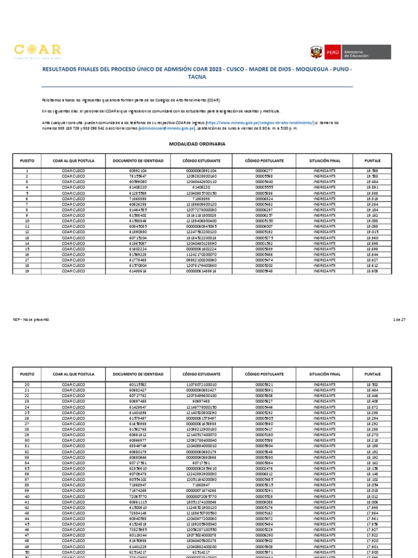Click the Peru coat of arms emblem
(x=316, y=53)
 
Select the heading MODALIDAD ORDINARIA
(x=198, y=144)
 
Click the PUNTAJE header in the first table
(x=373, y=161)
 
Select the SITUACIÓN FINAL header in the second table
(x=324, y=374)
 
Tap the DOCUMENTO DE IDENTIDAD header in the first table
(x=138, y=161)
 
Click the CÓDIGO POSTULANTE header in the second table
(x=264, y=374)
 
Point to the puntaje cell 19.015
(x=373, y=232)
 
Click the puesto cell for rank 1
(x=27, y=171)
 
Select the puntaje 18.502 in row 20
(x=373, y=385)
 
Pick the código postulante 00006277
(x=264, y=171)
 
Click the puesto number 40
(x=27, y=496)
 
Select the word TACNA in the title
(x=198, y=77)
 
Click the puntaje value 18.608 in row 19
(x=373, y=271)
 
